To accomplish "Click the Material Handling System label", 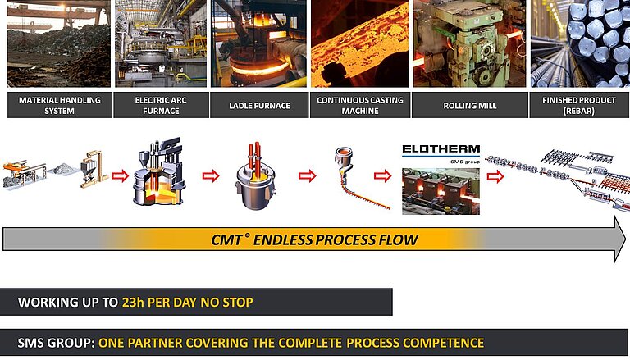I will [59, 105].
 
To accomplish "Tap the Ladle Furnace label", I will [258, 105].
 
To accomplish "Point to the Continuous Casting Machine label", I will [358, 105].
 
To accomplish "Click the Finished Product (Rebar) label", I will [579, 105].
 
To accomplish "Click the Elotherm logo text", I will [441, 150].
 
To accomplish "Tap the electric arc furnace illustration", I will [159, 174].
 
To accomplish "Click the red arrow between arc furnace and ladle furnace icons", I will [211, 175].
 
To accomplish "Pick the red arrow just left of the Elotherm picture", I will [382, 175].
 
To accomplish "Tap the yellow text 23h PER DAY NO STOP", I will [187, 303].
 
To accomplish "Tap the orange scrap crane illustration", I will [25, 172].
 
